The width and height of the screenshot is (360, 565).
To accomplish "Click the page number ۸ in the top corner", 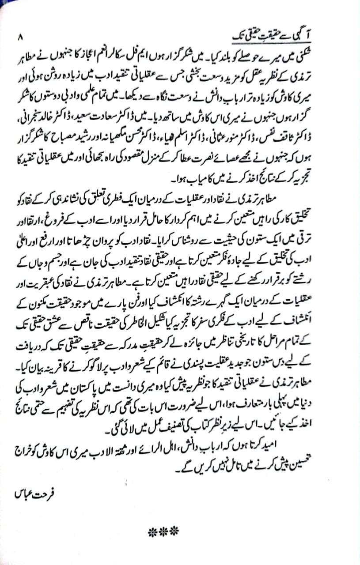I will point(19,37).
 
